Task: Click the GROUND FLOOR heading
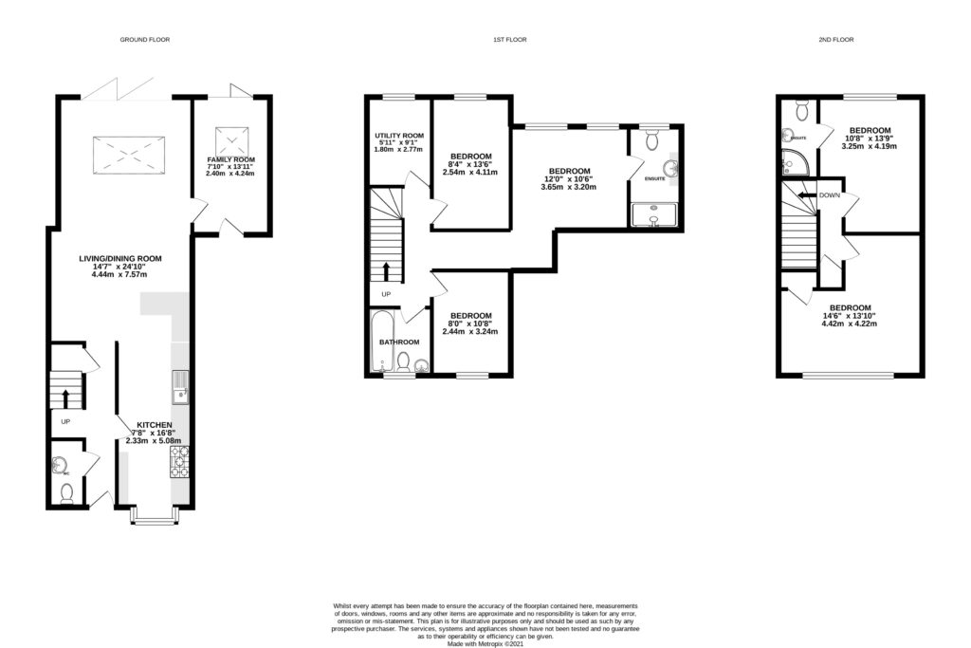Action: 144,40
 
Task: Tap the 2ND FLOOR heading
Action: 835,40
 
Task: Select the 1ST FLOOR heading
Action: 509,40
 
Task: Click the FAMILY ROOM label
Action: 231,160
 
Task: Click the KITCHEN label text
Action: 154,424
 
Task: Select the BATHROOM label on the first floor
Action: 399,342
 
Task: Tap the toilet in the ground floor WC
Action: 65,493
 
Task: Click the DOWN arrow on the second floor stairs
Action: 806,194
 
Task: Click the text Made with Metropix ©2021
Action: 485,642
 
